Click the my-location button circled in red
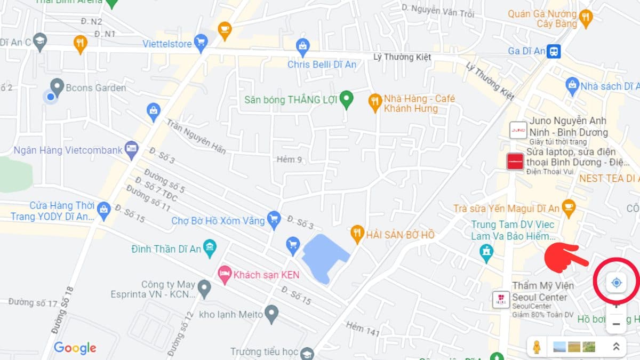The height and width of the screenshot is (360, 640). click(617, 283)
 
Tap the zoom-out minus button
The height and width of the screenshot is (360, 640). click(616, 324)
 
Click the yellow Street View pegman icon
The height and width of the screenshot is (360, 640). click(537, 347)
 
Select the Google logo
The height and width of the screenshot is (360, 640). click(75, 348)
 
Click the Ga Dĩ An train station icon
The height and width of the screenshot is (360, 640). click(555, 51)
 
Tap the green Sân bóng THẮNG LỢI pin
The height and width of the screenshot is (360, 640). click(347, 99)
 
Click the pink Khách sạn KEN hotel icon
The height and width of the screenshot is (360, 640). click(225, 275)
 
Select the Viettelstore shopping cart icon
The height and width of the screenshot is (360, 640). click(201, 43)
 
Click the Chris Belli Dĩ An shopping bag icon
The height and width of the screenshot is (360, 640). click(303, 47)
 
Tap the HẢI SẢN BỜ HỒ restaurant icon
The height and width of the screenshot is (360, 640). click(357, 234)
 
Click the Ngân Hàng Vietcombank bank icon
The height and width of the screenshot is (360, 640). click(131, 149)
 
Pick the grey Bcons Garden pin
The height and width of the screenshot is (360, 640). click(57, 86)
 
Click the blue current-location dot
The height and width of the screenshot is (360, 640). click(50, 97)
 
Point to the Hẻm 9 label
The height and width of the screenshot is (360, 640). click(290, 159)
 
